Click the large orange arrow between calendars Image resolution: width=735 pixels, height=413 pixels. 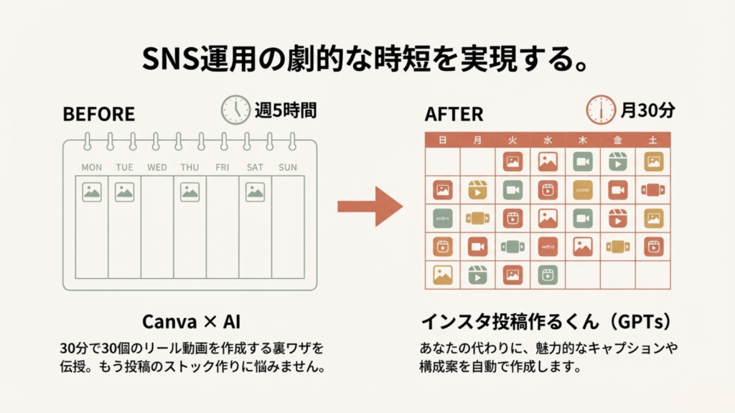tap(370, 208)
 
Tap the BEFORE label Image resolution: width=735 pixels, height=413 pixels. tap(98, 114)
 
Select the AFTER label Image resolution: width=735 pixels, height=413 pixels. tap(454, 114)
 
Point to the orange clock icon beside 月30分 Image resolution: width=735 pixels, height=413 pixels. tap(600, 109)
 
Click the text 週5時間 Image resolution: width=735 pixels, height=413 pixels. tap(285, 110)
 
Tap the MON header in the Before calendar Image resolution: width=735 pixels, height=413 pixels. tap(91, 168)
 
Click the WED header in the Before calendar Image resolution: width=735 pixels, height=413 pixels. tap(157, 168)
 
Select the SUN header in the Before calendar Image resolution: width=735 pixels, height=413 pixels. tap(287, 168)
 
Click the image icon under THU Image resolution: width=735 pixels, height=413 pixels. tap(189, 191)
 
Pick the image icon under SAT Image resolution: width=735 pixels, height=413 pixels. tap(255, 191)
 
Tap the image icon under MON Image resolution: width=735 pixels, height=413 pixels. tap(91, 191)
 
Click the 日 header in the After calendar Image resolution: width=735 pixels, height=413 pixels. tap(442, 141)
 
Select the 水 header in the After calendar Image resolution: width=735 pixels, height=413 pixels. tap(548, 141)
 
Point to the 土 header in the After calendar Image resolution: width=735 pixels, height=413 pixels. tap(653, 141)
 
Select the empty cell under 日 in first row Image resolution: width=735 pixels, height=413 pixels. tap(442, 162)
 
